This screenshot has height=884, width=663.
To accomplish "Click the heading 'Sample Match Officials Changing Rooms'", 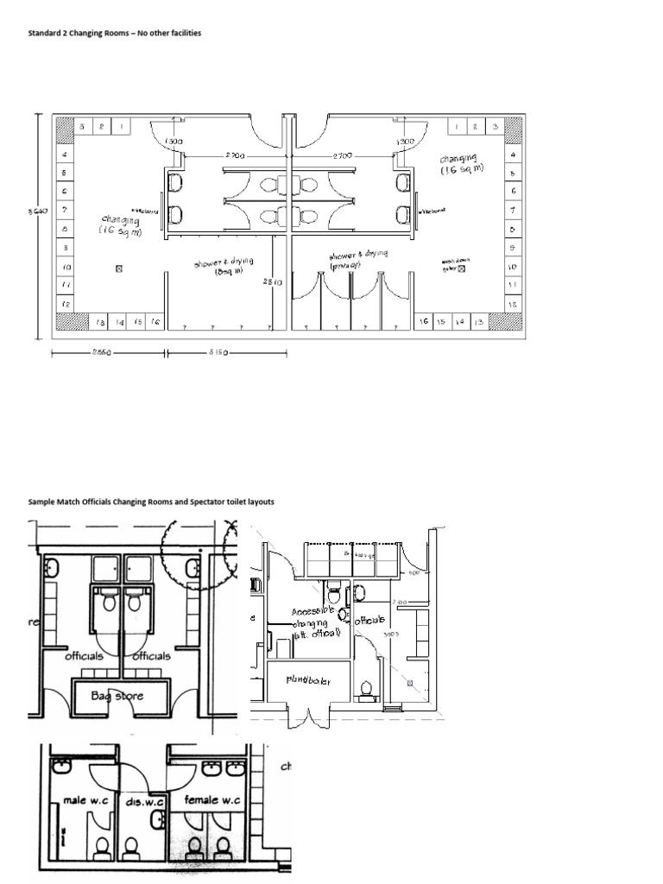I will coord(151,502).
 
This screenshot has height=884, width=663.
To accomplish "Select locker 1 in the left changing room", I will coord(121,127).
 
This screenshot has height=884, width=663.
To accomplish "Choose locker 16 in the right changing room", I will coord(423,320).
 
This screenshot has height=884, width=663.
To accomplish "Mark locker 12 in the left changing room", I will coord(66,305).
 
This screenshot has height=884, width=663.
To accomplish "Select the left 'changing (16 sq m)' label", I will coord(120,226).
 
